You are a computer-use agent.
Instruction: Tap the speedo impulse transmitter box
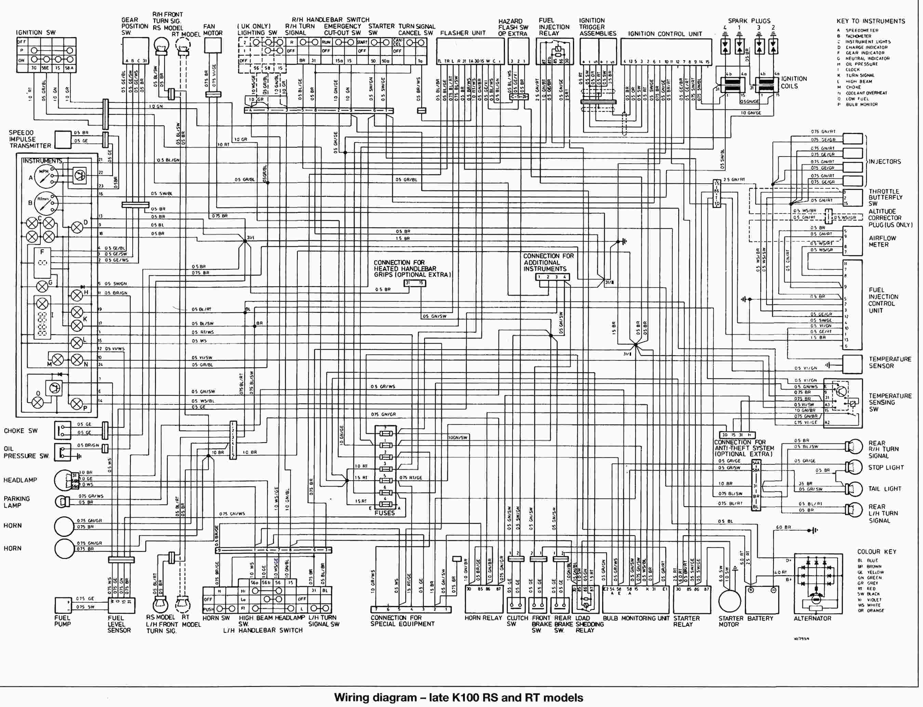coord(63,139)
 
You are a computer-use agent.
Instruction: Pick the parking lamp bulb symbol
coord(62,501)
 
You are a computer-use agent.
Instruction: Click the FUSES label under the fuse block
coord(385,513)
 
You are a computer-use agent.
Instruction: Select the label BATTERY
coord(760,618)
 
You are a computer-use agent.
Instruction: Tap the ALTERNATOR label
coord(812,618)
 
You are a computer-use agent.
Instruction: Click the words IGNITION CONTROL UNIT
coord(665,34)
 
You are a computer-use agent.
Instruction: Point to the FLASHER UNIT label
coord(463,33)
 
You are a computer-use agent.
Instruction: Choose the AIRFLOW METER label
coord(882,241)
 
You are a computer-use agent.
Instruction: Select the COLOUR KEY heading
coord(877,551)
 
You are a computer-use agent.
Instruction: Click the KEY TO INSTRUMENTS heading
coord(871,21)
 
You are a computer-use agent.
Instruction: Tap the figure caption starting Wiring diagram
coord(458,697)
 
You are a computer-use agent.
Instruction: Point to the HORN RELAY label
coord(483,618)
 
